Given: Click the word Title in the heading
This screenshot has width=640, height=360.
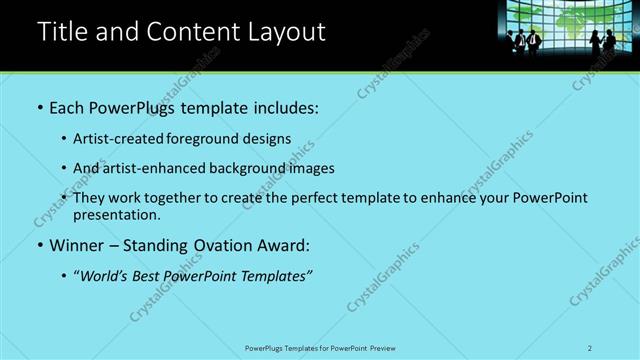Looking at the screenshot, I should click(x=60, y=32).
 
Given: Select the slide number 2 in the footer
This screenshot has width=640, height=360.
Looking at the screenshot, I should click(x=590, y=347).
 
